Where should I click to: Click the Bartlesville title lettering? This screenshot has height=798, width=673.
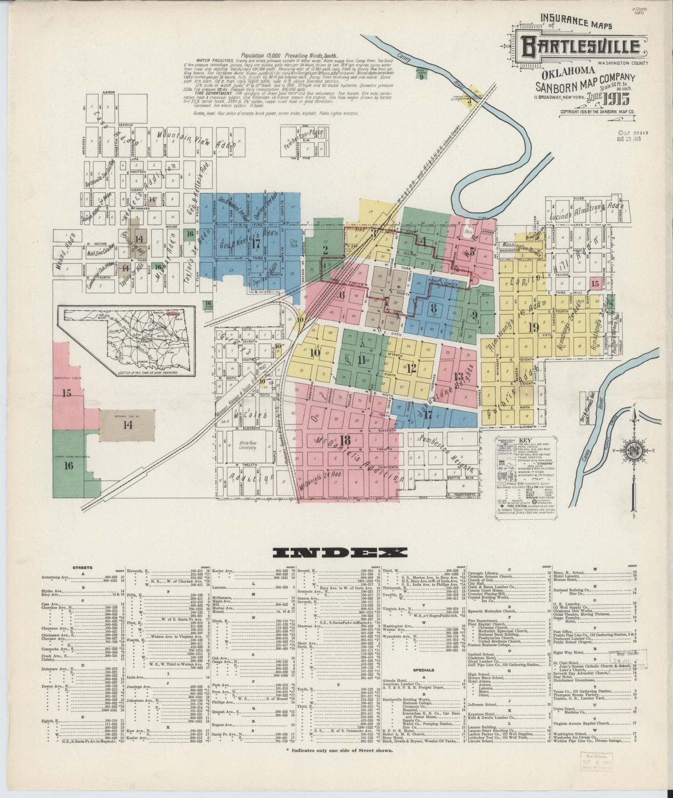[580, 47]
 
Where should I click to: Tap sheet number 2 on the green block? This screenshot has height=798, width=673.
[325, 250]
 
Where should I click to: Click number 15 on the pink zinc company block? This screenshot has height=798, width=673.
[67, 393]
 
